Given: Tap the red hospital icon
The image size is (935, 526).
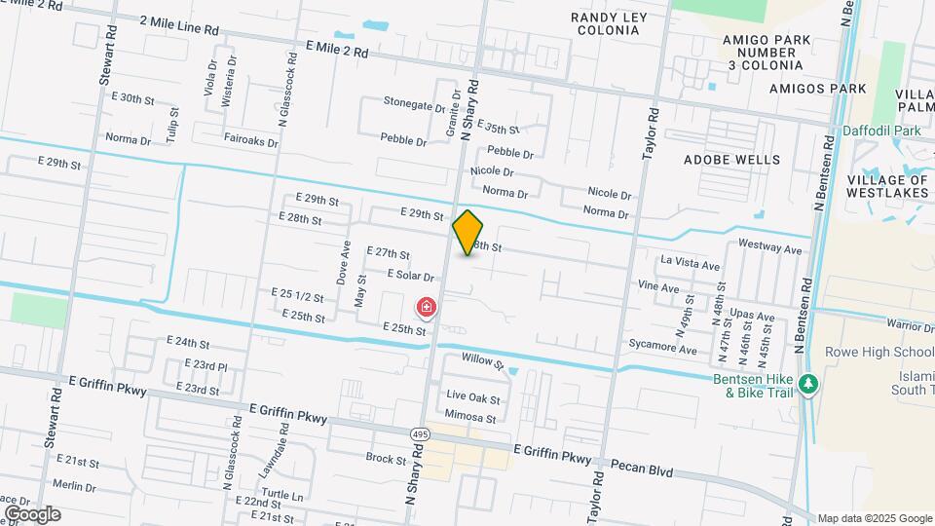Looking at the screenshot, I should [x=426, y=309].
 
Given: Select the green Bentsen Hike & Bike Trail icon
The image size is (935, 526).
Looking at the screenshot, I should [x=806, y=385].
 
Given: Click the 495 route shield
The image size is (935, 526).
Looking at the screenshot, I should [x=419, y=433].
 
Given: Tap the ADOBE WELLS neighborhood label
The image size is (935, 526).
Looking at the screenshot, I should [x=731, y=159].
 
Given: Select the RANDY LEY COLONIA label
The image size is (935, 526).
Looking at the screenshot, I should [x=618, y=23].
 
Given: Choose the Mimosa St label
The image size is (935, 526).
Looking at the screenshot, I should [x=471, y=419].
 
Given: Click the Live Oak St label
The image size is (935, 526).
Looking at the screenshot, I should [x=472, y=398].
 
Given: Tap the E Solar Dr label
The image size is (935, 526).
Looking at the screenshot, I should [x=410, y=276].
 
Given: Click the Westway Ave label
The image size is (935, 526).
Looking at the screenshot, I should [x=769, y=248].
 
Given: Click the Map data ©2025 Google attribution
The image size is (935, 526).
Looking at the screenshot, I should [x=874, y=518].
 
